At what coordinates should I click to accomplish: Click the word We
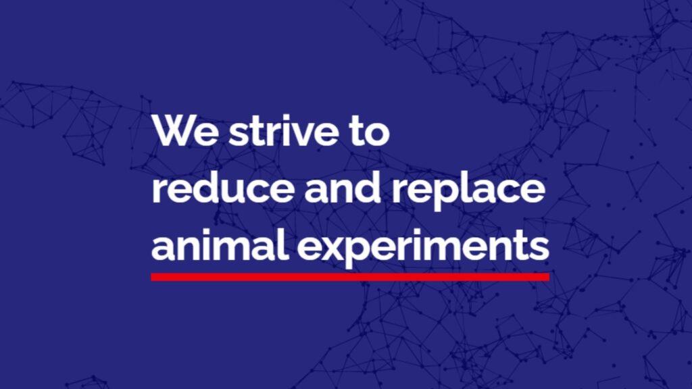pos(185,131)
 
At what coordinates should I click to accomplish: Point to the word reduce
pos(223,187)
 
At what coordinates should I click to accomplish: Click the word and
pos(343,187)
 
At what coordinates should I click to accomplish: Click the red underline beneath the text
pos(351,277)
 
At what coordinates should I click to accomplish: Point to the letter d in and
pos(367,187)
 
